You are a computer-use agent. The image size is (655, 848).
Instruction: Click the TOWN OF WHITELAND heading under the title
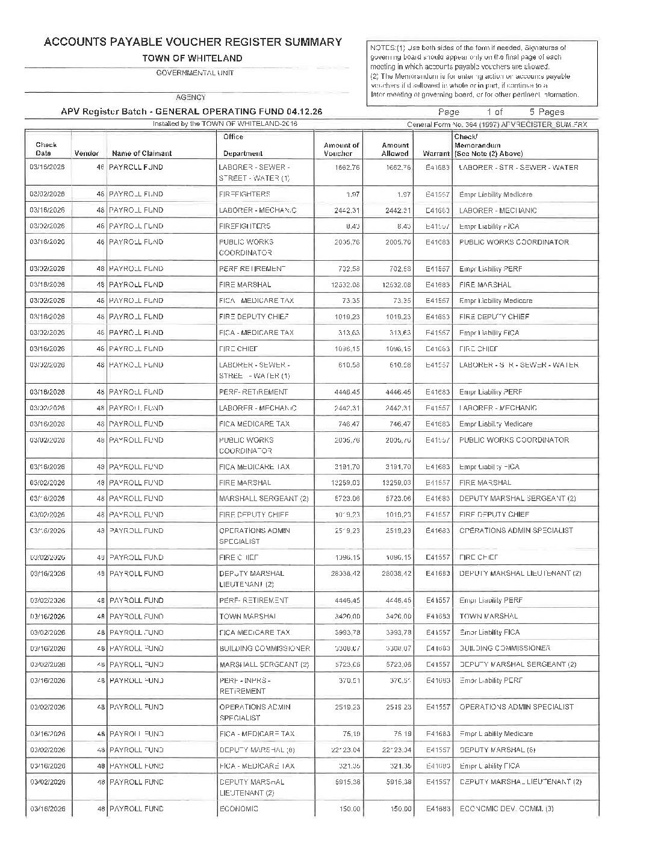coord(192,58)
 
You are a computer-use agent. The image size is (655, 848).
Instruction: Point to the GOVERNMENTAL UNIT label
coord(187,73)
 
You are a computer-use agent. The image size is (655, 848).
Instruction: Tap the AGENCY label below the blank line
coord(190,97)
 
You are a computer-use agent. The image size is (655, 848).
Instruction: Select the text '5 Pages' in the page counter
coord(547,112)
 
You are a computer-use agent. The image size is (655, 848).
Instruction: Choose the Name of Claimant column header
coord(141,154)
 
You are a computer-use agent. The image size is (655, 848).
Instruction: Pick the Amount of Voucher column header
coord(341,149)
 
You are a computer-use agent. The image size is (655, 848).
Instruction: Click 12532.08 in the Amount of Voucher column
coord(346,285)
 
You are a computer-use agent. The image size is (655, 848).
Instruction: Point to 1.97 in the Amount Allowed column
coord(403,195)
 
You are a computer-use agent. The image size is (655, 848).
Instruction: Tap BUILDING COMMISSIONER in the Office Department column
coord(264,649)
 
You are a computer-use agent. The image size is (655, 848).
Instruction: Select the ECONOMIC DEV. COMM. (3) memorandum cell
coord(506,809)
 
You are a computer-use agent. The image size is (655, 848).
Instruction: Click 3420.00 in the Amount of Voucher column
coord(347,616)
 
